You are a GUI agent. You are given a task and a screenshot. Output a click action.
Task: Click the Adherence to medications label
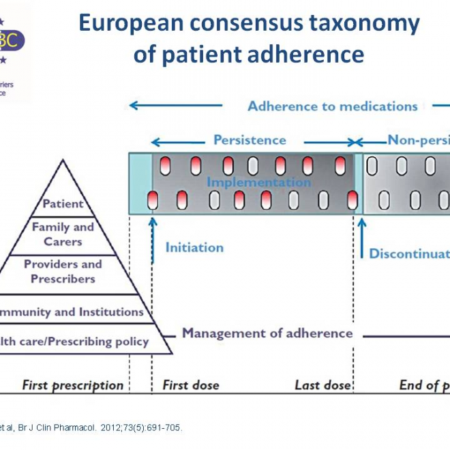point(332,106)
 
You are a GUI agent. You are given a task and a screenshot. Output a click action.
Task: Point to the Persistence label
point(250,140)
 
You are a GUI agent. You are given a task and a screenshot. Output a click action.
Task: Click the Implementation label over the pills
point(258,182)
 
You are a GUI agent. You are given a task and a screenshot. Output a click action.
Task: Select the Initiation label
point(194,247)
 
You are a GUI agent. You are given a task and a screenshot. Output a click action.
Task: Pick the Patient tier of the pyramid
point(63,203)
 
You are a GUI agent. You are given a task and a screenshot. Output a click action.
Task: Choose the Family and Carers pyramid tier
point(63,234)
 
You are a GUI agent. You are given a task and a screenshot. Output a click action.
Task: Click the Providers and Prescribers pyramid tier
point(63,271)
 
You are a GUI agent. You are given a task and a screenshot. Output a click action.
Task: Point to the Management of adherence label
point(267,333)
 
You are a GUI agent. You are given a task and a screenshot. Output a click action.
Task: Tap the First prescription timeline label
point(73,385)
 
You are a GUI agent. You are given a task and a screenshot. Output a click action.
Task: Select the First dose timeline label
point(191,385)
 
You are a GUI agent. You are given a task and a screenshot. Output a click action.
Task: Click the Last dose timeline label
point(322,385)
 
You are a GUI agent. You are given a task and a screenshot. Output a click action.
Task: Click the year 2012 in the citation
point(112,428)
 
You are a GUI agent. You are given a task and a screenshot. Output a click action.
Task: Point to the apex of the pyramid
point(63,161)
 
